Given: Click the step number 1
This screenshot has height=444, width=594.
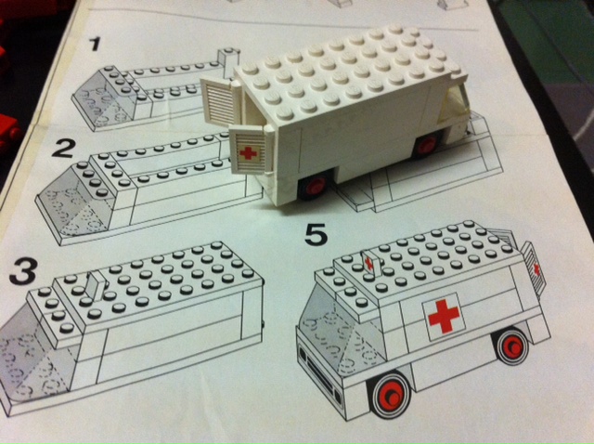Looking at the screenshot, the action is point(94,44).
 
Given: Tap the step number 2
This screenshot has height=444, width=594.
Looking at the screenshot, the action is point(63,149).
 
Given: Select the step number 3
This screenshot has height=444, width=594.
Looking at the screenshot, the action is point(24,271).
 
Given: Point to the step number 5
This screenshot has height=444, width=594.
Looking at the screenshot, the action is point(316,234).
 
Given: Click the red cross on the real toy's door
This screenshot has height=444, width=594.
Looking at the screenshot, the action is point(249,153).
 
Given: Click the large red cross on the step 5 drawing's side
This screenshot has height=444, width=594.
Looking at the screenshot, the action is point(444,316).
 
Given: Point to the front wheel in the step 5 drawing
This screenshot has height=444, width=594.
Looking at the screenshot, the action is point(390,395).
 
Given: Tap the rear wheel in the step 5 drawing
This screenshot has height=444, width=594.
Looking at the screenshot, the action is point(512,346).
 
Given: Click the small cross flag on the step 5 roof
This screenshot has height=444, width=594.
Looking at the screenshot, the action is point(368,262).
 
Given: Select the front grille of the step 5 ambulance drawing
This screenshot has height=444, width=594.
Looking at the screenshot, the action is point(318,371).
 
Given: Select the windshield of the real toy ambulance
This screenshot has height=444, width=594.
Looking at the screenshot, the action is point(454,103).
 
